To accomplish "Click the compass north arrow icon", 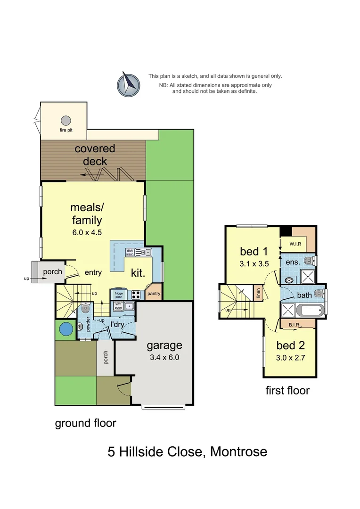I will coord(128,84).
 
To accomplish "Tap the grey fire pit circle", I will coord(66,121).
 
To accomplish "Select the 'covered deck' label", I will coord(94,155).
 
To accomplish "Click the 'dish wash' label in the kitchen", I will coord(130,253).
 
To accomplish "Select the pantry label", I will coord(154,294).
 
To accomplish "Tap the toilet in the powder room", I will coord(85,309).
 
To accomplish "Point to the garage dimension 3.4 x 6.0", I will coord(164,357).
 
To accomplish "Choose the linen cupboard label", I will coord(258,294).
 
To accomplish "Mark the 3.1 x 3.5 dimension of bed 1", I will coord(254,263).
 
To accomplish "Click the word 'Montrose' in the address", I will coord(238,452).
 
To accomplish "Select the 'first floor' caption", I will coord(287,390).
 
